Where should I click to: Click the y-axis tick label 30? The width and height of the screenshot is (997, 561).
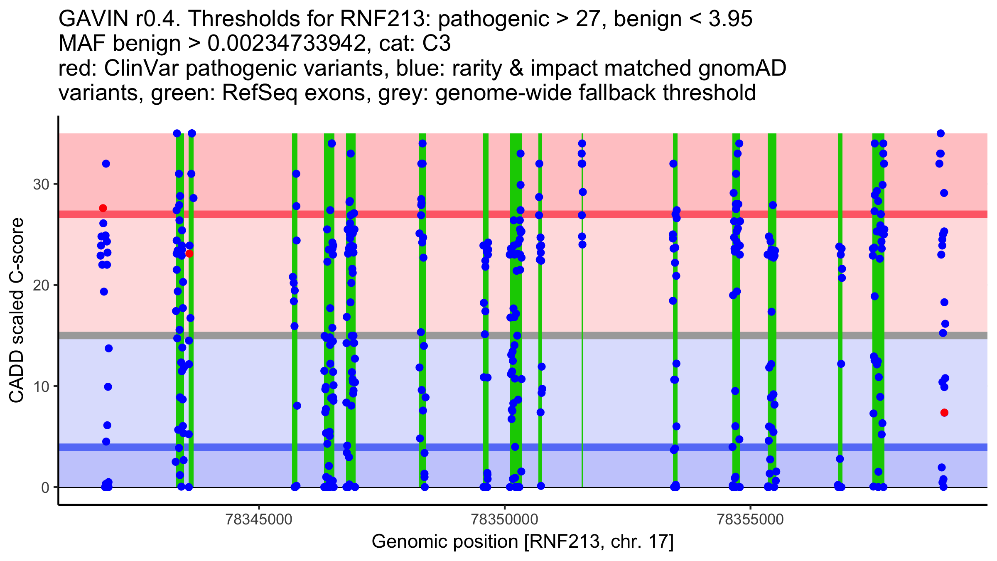pos(41,184)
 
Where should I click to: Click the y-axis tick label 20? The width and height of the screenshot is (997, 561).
pos(41,285)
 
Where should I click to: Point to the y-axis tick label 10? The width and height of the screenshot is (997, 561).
pos(41,386)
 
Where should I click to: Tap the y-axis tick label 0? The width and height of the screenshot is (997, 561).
pos(45,487)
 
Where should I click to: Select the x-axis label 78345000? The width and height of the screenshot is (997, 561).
pos(259,519)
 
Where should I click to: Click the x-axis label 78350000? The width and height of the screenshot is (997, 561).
pos(505,519)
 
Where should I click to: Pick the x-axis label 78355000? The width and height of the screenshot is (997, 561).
pos(751,519)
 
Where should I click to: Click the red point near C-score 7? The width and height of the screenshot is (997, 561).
pos(944,413)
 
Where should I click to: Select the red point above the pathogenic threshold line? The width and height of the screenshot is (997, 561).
pos(103,208)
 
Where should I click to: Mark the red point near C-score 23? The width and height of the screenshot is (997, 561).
pos(189,253)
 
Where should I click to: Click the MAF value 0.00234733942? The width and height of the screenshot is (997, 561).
pos(287,44)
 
